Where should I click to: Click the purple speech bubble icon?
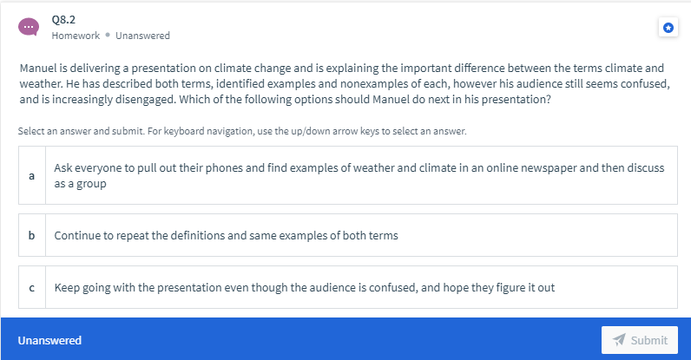click(28, 27)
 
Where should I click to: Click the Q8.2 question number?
click(63, 20)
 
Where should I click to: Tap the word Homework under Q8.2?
click(76, 36)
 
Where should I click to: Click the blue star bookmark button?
click(668, 28)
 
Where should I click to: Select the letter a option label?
click(32, 176)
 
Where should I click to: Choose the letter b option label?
click(32, 235)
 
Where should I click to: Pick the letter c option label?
click(32, 288)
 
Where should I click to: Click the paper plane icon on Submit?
click(619, 340)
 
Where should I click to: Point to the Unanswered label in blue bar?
click(49, 340)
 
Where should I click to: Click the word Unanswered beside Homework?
click(142, 36)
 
